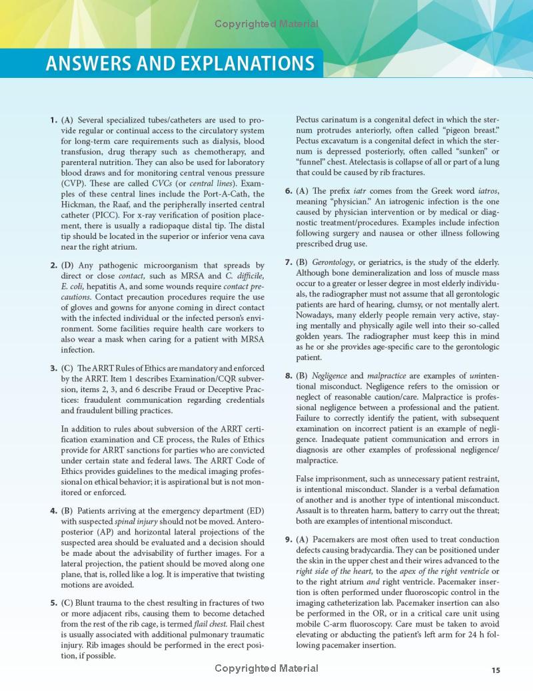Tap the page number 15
pyautogui.click(x=496, y=670)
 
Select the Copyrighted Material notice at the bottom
pyautogui.click(x=266, y=668)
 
